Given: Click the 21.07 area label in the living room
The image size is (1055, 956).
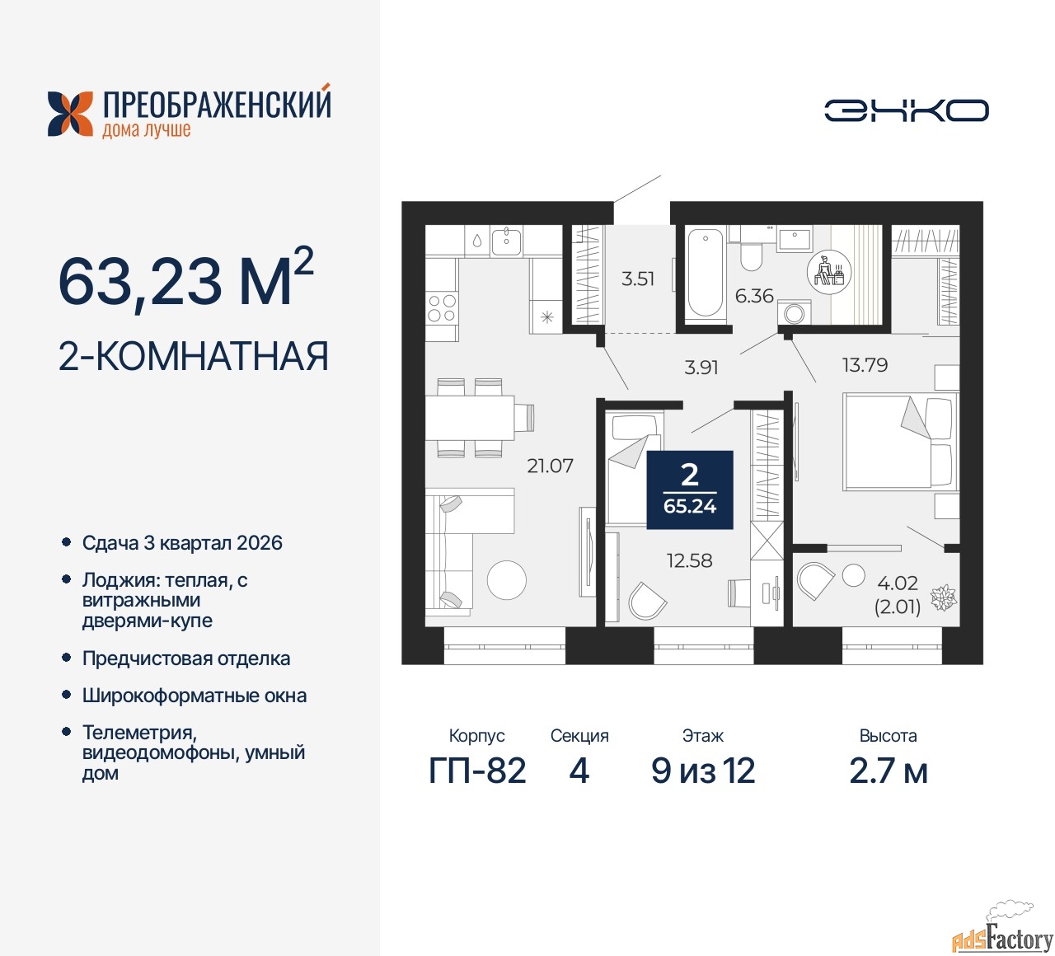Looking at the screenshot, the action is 550,466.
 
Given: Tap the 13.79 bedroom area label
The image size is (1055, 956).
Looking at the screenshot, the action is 865,364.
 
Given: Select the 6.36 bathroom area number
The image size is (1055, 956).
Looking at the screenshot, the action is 754,296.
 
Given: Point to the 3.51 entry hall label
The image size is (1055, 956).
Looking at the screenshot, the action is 637,279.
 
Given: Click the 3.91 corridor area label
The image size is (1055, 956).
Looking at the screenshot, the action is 701,367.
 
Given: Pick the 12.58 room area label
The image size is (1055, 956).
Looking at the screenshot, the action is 690,560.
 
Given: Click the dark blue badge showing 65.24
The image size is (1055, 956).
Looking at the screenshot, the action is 690,490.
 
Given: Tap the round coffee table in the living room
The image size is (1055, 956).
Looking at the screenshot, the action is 506,580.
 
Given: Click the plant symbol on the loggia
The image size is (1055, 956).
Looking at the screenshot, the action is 944,597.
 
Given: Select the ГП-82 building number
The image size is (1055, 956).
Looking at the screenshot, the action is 477,771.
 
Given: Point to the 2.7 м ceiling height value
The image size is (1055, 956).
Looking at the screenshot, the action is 889,771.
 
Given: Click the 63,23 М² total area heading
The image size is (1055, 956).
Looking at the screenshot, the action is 186,279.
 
